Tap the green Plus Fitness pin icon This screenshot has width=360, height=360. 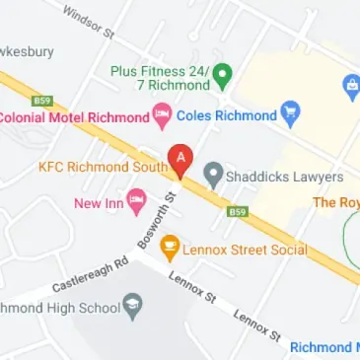click(x=223, y=74)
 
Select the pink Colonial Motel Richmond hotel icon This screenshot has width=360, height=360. click(x=160, y=117)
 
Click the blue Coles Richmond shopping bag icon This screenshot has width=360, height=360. click(x=289, y=114)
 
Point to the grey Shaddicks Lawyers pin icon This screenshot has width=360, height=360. click(x=211, y=177)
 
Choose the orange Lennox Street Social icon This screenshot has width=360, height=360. click(x=170, y=248)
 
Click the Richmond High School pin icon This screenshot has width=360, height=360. click(x=133, y=308)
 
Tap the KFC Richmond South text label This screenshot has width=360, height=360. click(x=103, y=167)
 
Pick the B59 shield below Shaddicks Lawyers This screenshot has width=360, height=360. click(x=236, y=211)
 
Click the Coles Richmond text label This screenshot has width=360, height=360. click(x=226, y=115)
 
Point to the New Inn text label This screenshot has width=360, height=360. click(x=98, y=204)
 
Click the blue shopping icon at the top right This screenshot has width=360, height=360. click(x=348, y=86)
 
